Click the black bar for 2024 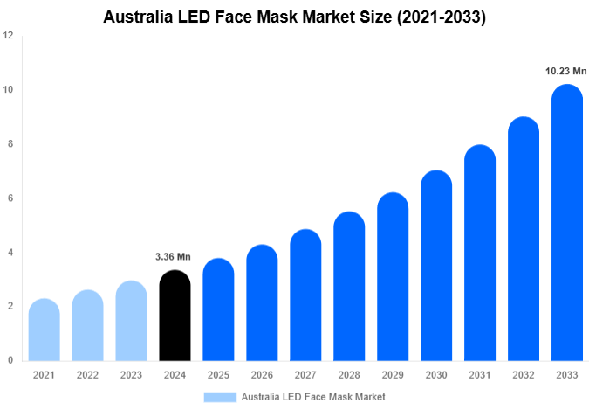click(175, 316)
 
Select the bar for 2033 click(567, 223)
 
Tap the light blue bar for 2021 click(44, 330)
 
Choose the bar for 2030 click(436, 266)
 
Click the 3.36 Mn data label click(173, 257)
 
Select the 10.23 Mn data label click(565, 72)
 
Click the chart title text click(294, 17)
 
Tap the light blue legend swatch click(220, 397)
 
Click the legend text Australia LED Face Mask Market click(313, 397)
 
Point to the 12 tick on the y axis click(8, 36)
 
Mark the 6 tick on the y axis click(10, 198)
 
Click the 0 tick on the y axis click(10, 360)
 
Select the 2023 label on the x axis click(131, 375)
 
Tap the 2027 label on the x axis click(305, 375)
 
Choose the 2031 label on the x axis click(480, 375)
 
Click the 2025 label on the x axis click(218, 375)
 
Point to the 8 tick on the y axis click(10, 144)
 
